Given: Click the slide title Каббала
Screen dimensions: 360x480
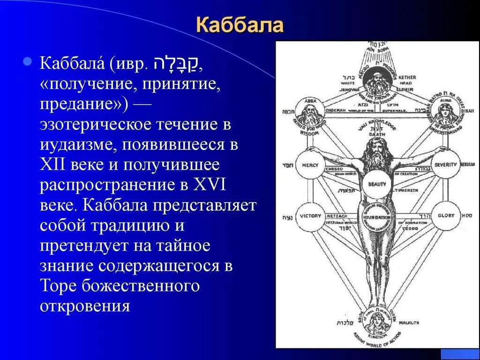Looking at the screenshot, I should point(240,25).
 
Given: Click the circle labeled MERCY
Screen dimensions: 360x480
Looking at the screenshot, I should point(310,165).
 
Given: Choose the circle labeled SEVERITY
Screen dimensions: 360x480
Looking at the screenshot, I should point(445,165).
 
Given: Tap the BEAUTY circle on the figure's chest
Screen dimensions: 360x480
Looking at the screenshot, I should point(377,184).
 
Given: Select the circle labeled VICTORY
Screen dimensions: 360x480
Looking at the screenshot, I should point(310,216).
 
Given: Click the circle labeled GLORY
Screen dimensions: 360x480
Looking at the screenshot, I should point(445,216).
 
